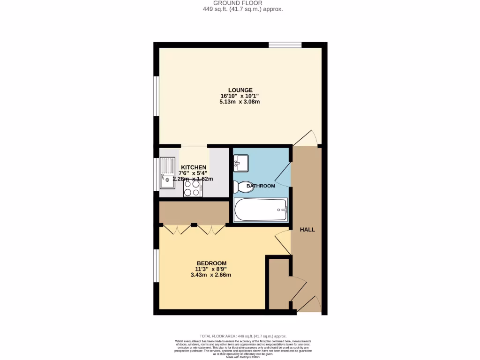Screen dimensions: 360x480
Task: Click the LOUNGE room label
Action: pyautogui.click(x=240, y=90)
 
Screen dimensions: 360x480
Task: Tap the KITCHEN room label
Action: pyautogui.click(x=194, y=167)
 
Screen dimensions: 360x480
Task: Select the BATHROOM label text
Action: pyautogui.click(x=261, y=186)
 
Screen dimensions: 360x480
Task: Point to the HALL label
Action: pyautogui.click(x=307, y=230)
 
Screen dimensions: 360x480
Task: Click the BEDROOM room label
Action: pyautogui.click(x=211, y=263)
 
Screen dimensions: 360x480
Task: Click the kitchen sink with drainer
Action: pyautogui.click(x=167, y=172)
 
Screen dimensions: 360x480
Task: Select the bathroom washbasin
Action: pyautogui.click(x=241, y=163)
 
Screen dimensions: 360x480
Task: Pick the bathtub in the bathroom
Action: pyautogui.click(x=261, y=210)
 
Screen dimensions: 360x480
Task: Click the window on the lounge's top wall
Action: pyautogui.click(x=285, y=45)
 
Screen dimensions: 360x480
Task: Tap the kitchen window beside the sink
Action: pyautogui.click(x=156, y=174)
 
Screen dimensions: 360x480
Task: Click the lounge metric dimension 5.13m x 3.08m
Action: pyautogui.click(x=240, y=102)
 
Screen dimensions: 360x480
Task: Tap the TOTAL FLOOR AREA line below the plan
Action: pyautogui.click(x=243, y=336)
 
